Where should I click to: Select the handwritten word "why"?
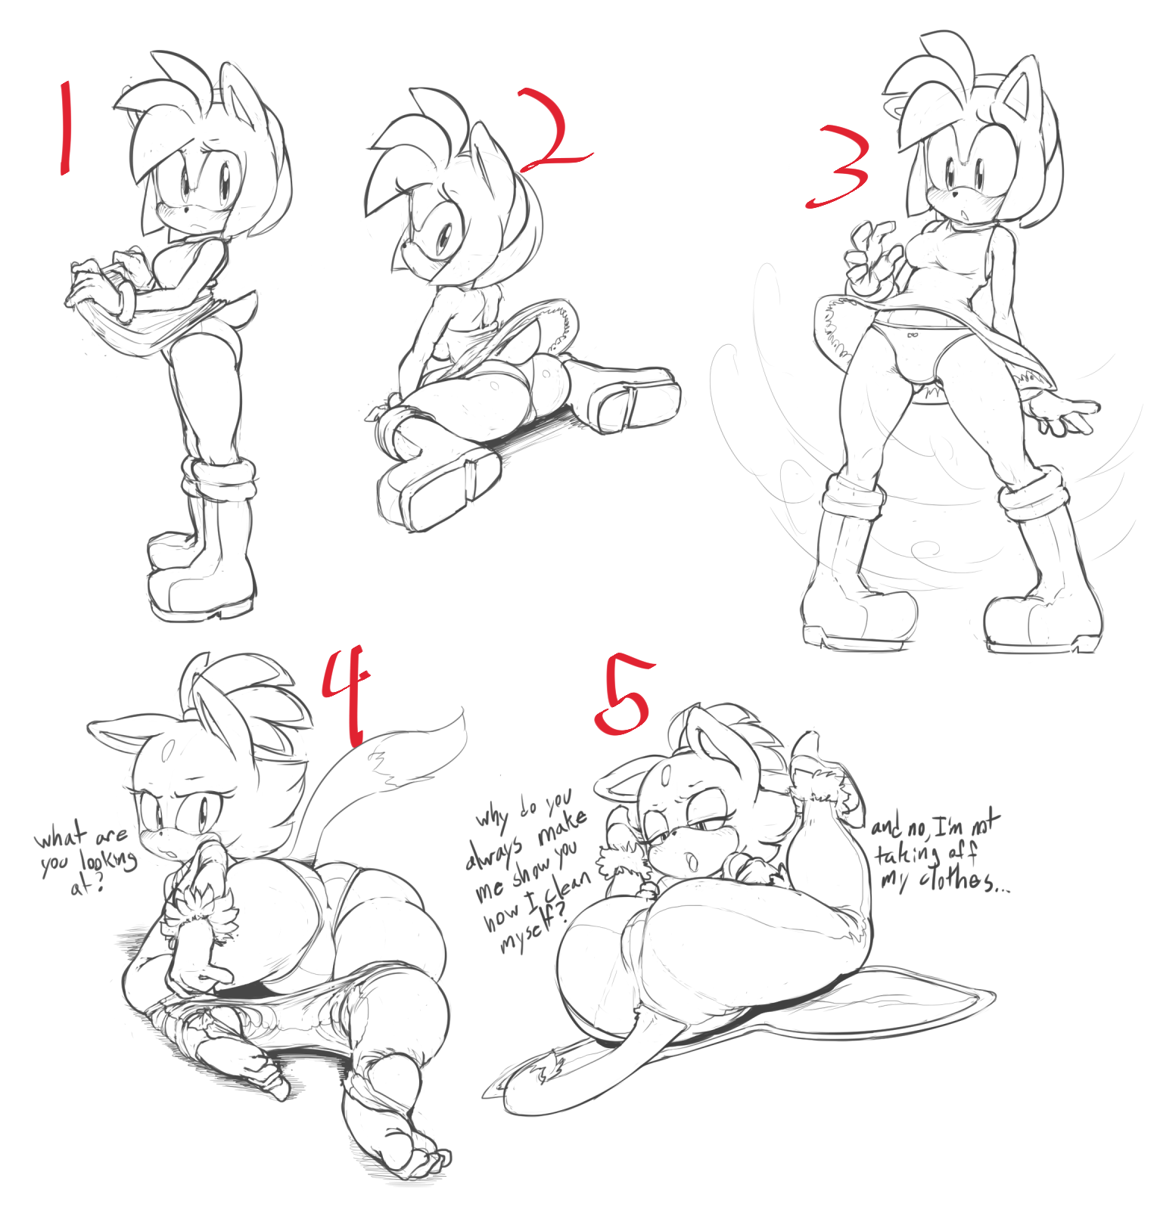(x=494, y=816)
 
